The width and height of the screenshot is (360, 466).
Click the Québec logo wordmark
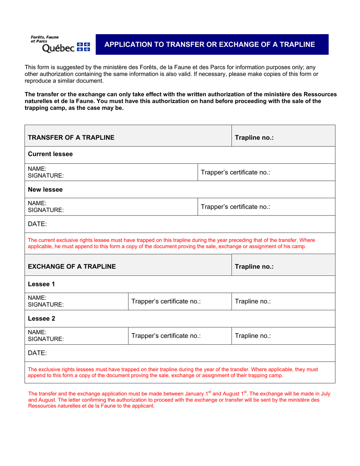[58, 48]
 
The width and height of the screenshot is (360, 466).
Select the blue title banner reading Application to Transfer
[210, 44]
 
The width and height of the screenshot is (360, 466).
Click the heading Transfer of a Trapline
[71, 138]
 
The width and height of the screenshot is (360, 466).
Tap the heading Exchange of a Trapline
[72, 266]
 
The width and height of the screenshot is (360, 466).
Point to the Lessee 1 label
[42, 284]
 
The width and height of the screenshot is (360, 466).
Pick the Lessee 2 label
[42, 318]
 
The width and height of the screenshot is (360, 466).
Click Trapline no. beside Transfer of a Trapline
[254, 138]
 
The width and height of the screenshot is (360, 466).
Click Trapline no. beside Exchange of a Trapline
[254, 266]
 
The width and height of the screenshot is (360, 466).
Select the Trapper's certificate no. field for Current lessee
[235, 172]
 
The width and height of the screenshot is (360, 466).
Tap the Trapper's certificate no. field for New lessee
[235, 207]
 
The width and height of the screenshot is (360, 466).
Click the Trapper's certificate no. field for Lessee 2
[166, 336]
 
